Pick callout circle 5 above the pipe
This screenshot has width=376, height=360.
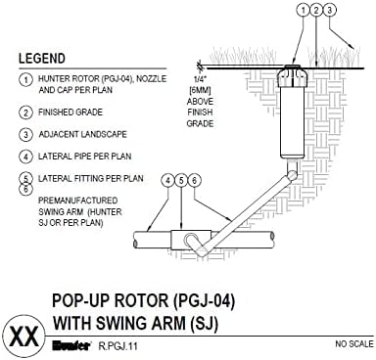(183, 181)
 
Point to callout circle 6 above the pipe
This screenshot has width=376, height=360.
(196, 181)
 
